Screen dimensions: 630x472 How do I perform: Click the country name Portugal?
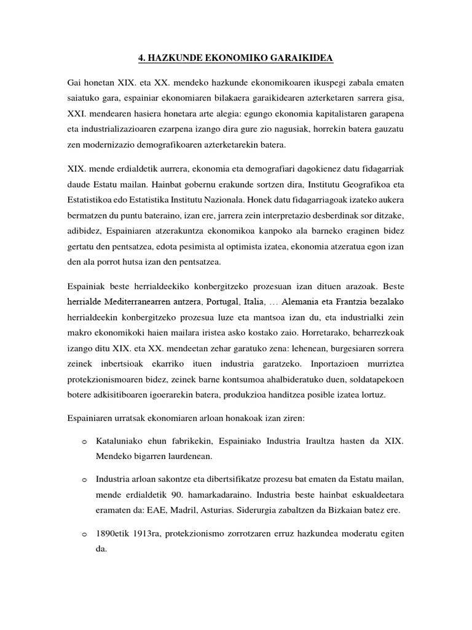[224, 302]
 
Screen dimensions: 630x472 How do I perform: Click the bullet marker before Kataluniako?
[84, 442]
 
